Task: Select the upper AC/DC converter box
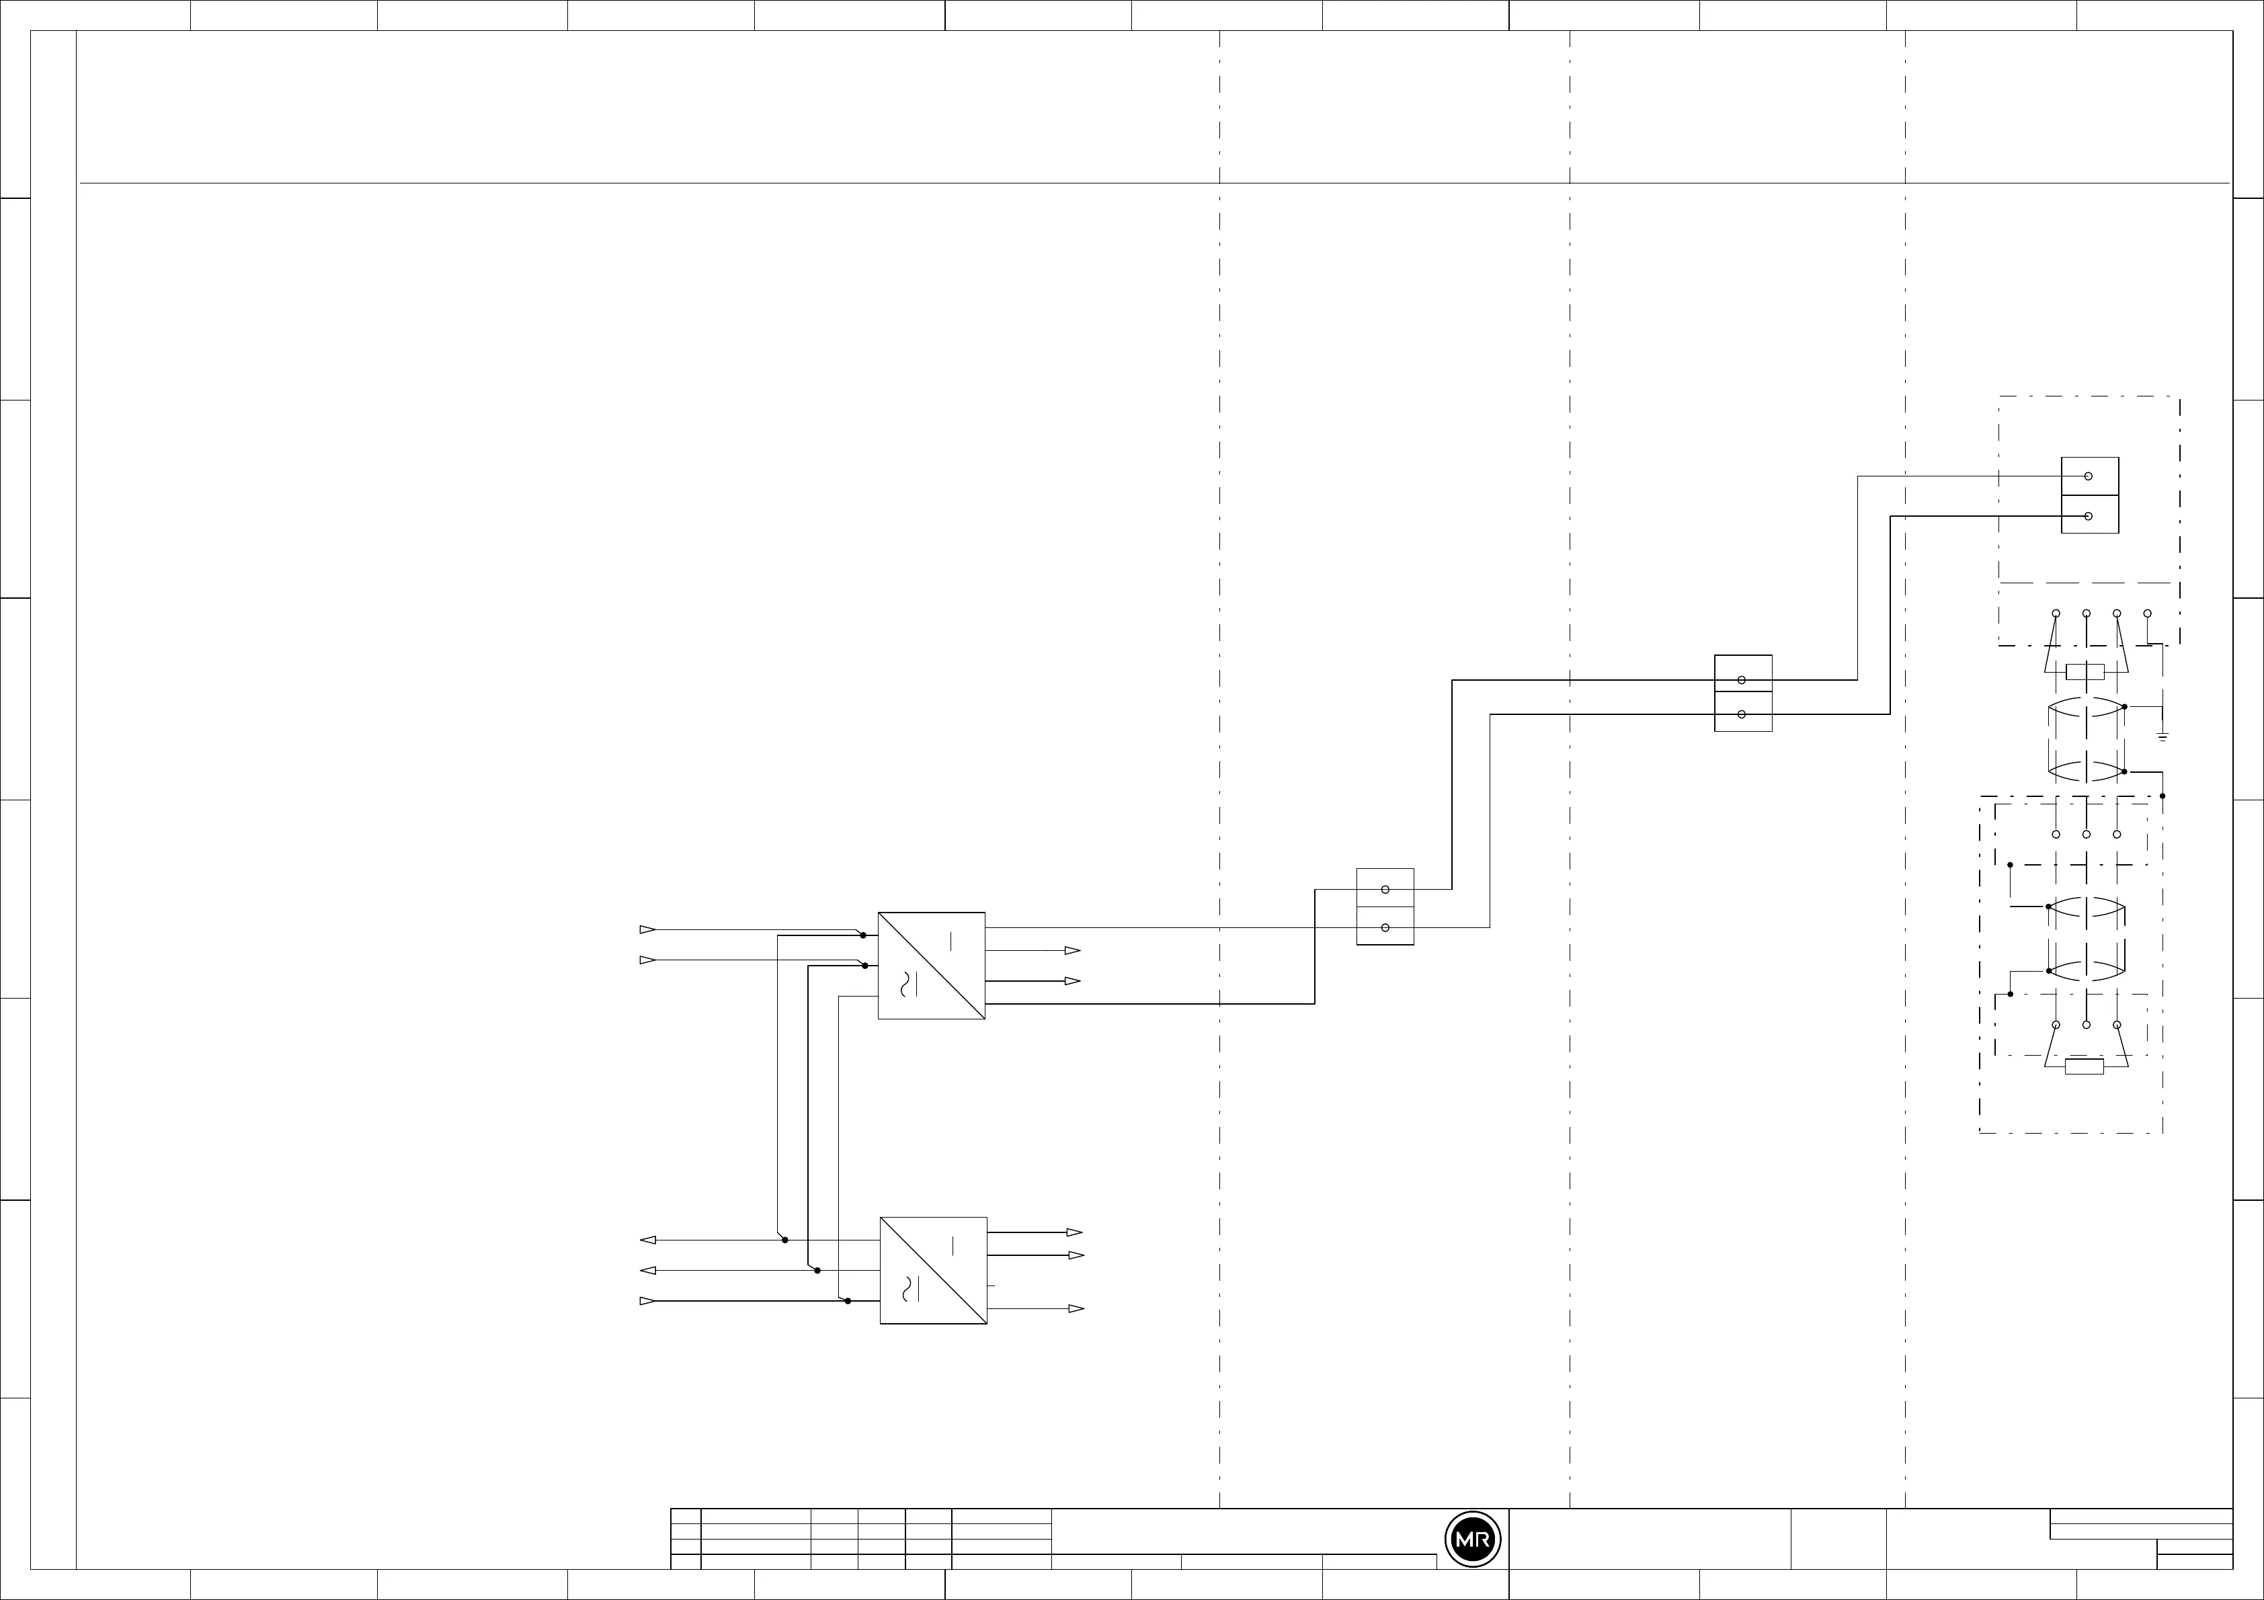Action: click(931, 965)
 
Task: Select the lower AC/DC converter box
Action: click(933, 1270)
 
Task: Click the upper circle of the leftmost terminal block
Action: click(1385, 889)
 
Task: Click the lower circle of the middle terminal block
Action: click(1742, 714)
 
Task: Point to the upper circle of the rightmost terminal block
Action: click(2089, 476)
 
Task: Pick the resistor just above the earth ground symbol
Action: click(2085, 673)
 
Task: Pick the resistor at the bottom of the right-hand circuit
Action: click(2085, 1066)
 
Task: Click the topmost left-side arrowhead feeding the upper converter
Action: click(647, 929)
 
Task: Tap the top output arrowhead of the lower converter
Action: click(1075, 1232)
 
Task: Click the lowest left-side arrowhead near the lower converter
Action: click(647, 1301)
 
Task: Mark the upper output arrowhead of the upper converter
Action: click(1073, 950)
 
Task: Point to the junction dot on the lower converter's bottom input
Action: click(848, 1301)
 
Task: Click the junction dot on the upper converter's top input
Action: click(863, 935)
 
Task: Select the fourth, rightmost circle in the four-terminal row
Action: click(2148, 613)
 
